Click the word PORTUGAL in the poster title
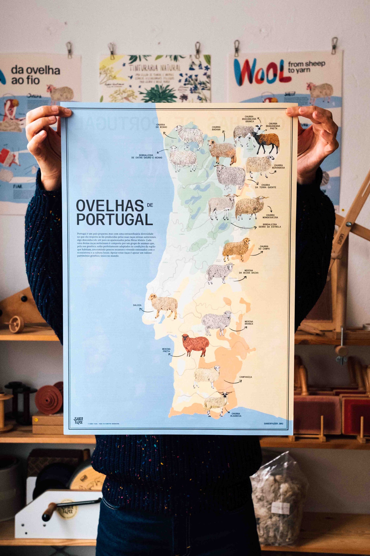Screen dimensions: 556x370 pyautogui.click(x=114, y=220)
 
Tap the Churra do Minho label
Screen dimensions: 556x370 pyautogui.click(x=162, y=126)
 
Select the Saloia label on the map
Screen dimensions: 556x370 pyautogui.click(x=137, y=305)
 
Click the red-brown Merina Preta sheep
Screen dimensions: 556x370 pyautogui.click(x=195, y=345)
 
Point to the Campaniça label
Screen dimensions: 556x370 pyautogui.click(x=246, y=377)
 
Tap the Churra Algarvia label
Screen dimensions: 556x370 pyautogui.click(x=236, y=415)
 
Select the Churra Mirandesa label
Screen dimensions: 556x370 pyautogui.click(x=278, y=167)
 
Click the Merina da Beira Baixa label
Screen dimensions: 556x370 pyautogui.click(x=248, y=272)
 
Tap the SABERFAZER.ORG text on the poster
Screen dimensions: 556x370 pyautogui.click(x=273, y=424)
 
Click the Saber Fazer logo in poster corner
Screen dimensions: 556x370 pyautogui.click(x=78, y=421)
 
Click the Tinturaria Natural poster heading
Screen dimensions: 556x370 pyautogui.click(x=155, y=68)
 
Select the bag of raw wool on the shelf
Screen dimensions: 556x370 pyautogui.click(x=278, y=500)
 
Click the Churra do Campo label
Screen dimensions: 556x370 pyautogui.click(x=264, y=247)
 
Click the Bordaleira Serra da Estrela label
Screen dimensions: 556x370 pyautogui.click(x=270, y=226)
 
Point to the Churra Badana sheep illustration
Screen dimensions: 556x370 pyautogui.click(x=222, y=151)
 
